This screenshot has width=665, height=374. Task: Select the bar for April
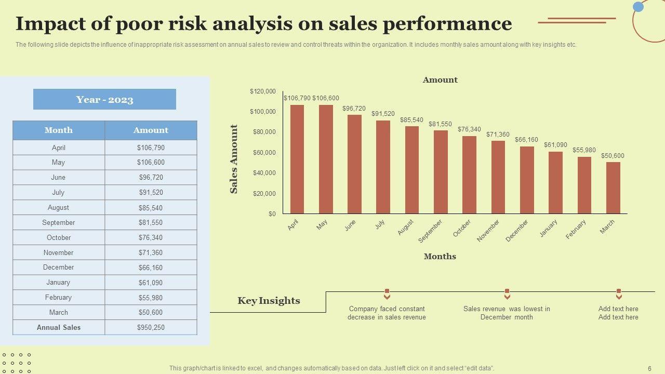click(297, 159)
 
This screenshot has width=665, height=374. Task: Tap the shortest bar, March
click(613, 188)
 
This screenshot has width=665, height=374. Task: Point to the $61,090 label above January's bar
click(555, 145)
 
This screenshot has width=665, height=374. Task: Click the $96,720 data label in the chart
click(354, 109)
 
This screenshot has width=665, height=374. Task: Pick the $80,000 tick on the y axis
click(264, 132)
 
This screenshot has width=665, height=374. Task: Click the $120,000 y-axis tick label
click(263, 91)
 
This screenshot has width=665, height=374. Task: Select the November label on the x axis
click(488, 230)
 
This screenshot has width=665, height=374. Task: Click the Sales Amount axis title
click(234, 159)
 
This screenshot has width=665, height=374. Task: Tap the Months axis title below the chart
click(440, 256)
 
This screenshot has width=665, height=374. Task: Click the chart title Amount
click(440, 80)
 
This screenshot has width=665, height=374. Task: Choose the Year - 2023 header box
click(104, 99)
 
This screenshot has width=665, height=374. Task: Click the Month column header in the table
click(59, 130)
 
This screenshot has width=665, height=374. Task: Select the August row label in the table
click(58, 207)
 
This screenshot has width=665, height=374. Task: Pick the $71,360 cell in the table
click(151, 252)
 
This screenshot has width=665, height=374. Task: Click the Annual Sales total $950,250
click(151, 327)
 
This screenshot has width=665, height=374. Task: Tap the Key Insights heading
click(269, 301)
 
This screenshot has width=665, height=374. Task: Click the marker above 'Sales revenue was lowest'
click(507, 294)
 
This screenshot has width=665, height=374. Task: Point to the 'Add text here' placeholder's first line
click(618, 309)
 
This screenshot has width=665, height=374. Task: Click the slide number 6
click(649, 368)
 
